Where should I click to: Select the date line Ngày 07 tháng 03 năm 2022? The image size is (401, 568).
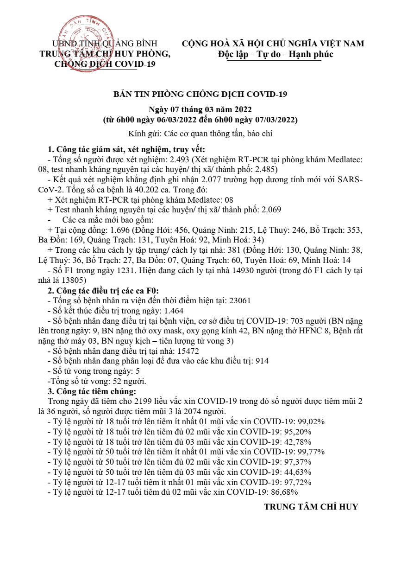point(200,110)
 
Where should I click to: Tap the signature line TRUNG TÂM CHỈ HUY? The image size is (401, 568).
point(311,507)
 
